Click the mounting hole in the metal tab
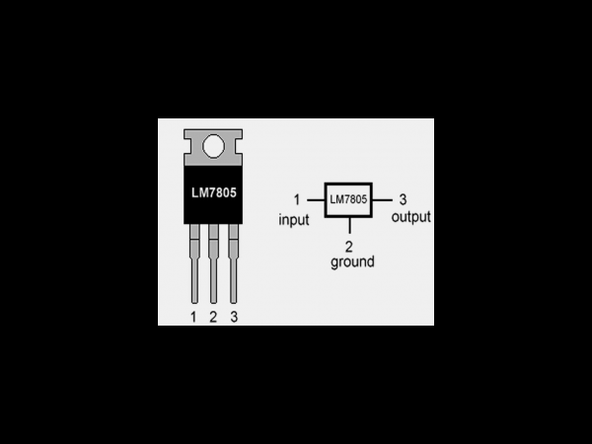pyautogui.click(x=214, y=146)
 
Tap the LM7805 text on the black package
pyautogui.click(x=214, y=193)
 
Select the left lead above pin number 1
pyautogui.click(x=194, y=263)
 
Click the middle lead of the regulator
pyautogui.click(x=214, y=263)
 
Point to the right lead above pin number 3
pyautogui.click(x=233, y=263)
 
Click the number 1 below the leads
pyautogui.click(x=193, y=317)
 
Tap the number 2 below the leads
pyautogui.click(x=213, y=317)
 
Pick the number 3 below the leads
pyautogui.click(x=234, y=317)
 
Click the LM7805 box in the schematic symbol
pyautogui.click(x=348, y=200)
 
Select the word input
pyautogui.click(x=294, y=220)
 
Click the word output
pyautogui.click(x=410, y=217)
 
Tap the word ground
pyautogui.click(x=352, y=262)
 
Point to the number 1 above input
pyautogui.click(x=297, y=199)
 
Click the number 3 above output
pyautogui.click(x=403, y=199)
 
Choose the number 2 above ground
pyautogui.click(x=349, y=247)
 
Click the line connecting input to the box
pyautogui.click(x=316, y=200)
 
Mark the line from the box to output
pyautogui.click(x=382, y=200)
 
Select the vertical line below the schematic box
pyautogui.click(x=349, y=225)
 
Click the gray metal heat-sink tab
pyautogui.click(x=213, y=148)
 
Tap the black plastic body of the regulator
pyautogui.click(x=213, y=194)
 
